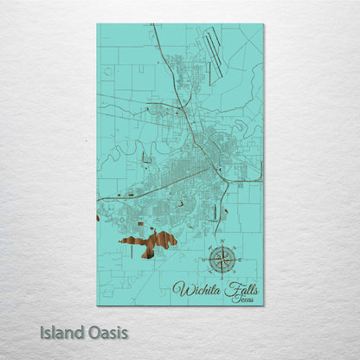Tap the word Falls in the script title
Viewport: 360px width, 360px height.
pos(240,287)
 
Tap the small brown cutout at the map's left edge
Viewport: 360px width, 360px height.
pos(98,217)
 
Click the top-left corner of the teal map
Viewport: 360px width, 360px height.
pos(97,24)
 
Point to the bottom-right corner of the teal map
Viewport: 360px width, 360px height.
pos(263,305)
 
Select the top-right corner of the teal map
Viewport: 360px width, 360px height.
pos(263,24)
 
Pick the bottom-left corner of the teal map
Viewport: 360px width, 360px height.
pos(97,305)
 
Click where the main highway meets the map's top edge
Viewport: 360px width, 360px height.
pos(152,25)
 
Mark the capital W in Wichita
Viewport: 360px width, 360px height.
pos(179,288)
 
